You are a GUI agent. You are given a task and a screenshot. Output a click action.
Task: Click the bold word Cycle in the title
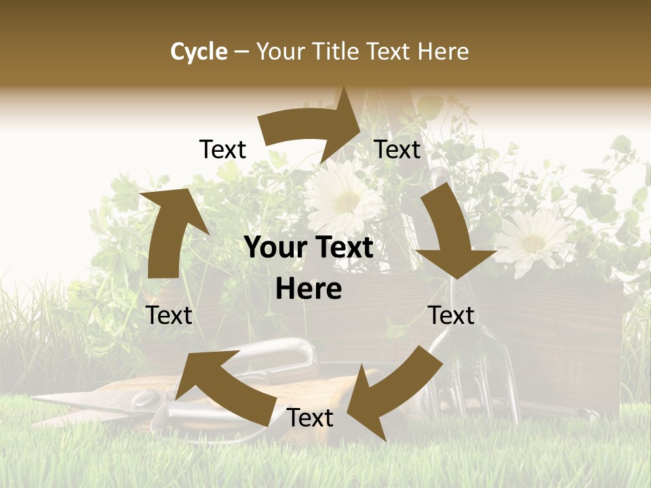(199, 52)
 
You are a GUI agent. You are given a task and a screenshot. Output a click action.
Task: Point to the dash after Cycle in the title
(241, 52)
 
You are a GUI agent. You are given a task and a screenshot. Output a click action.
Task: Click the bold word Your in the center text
(274, 248)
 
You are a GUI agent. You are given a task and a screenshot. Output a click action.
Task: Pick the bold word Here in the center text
(309, 289)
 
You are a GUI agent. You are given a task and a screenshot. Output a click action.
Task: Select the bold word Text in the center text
(342, 248)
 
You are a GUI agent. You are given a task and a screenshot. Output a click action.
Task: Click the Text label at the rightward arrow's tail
(222, 150)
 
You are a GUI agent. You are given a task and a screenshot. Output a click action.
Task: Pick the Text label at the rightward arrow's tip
(398, 149)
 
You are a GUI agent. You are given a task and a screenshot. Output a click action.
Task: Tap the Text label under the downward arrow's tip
(452, 315)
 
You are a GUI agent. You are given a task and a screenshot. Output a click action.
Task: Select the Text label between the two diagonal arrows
(310, 418)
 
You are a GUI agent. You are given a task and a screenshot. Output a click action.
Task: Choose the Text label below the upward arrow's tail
(170, 315)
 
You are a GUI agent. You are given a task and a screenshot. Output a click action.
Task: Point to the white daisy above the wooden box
(534, 240)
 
